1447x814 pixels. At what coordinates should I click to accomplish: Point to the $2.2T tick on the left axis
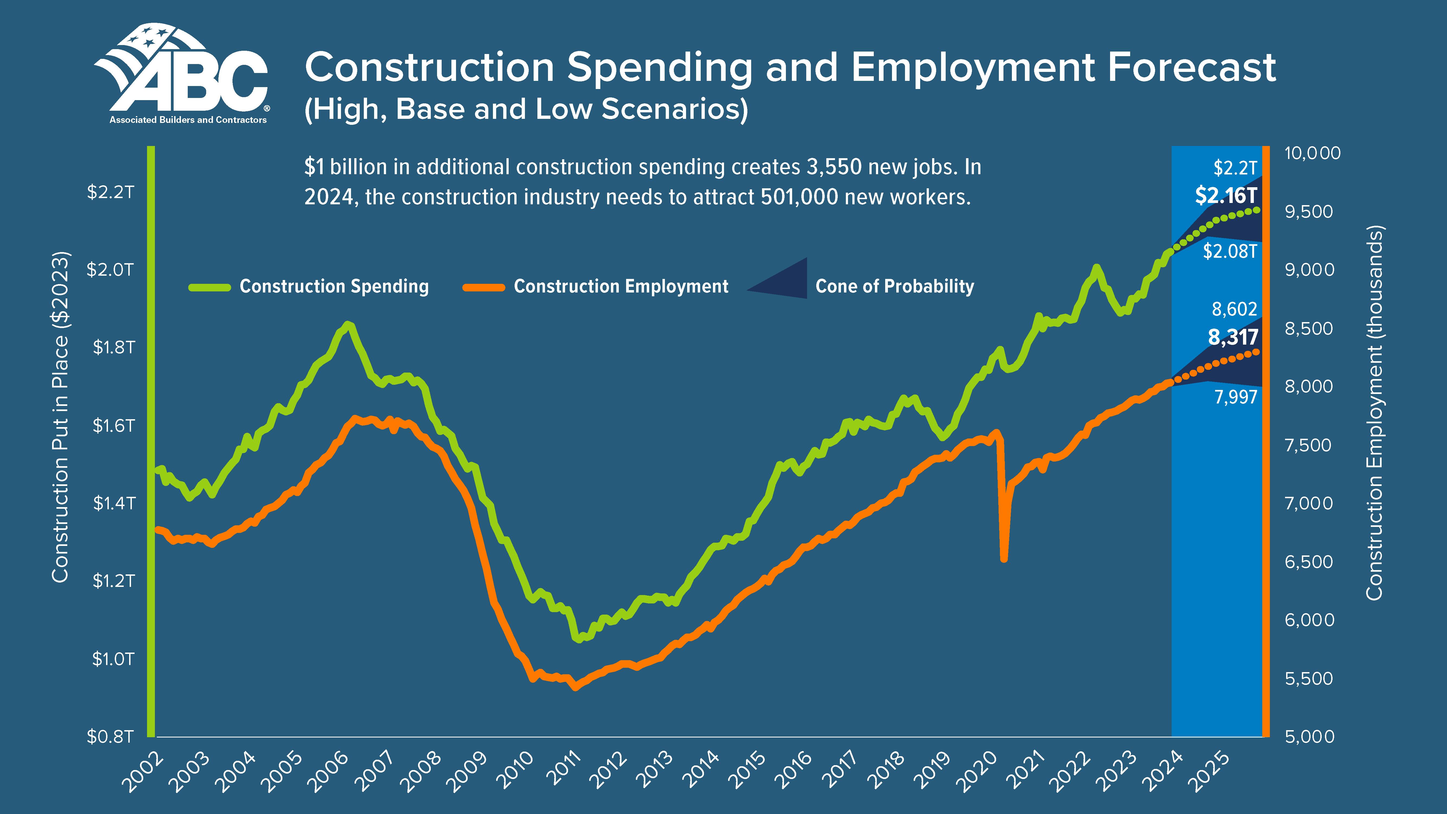(x=111, y=192)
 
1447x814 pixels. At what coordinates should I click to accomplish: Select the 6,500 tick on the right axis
(x=1309, y=562)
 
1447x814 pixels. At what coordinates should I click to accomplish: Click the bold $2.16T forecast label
(x=1226, y=195)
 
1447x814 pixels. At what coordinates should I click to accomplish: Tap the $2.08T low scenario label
(x=1230, y=251)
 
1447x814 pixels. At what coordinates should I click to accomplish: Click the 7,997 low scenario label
(x=1235, y=397)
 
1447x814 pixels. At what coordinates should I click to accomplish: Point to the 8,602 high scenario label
(x=1234, y=309)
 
